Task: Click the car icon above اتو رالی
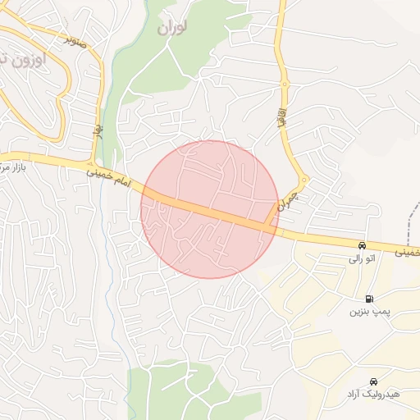[x=362, y=245]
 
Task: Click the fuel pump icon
[x=368, y=299]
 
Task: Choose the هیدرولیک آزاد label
[x=372, y=395]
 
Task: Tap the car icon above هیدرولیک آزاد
[x=373, y=381]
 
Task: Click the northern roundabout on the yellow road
[x=285, y=84]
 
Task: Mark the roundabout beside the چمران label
[x=304, y=180]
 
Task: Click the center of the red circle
[x=210, y=209]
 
